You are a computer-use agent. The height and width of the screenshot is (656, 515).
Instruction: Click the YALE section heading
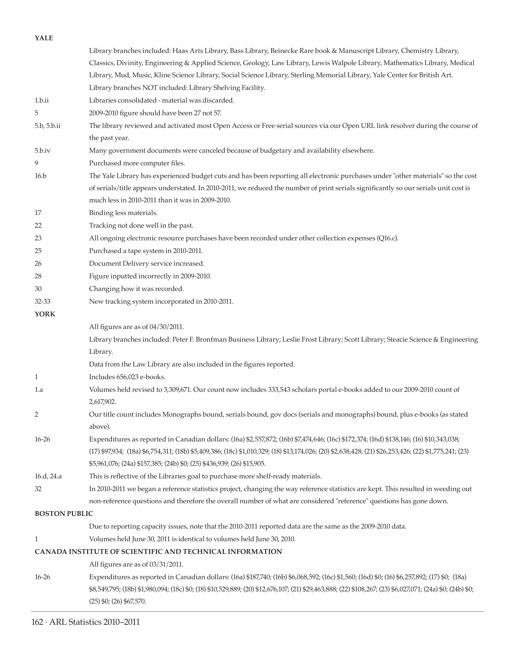pyautogui.click(x=44, y=38)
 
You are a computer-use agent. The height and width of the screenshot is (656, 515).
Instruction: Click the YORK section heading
pyautogui.click(x=45, y=314)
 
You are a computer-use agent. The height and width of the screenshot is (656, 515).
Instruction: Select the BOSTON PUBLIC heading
pyautogui.click(x=64, y=514)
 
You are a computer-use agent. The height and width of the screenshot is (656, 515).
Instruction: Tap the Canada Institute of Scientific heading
pyautogui.click(x=158, y=552)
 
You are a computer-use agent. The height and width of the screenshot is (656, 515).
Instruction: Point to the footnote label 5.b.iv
pyautogui.click(x=43, y=150)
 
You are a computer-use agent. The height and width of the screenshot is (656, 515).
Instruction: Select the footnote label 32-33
pyautogui.click(x=43, y=302)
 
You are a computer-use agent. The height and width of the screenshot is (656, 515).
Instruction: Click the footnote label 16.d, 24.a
pyautogui.click(x=48, y=476)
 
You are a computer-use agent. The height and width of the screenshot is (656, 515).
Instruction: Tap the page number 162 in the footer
pyautogui.click(x=37, y=622)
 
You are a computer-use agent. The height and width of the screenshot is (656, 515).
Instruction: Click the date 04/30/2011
pyautogui.click(x=166, y=327)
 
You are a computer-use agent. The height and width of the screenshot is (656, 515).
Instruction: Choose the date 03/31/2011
pyautogui.click(x=166, y=564)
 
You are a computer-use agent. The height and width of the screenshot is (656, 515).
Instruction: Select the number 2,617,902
pyautogui.click(x=103, y=402)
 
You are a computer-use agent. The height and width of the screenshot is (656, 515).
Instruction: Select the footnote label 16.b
pyautogui.click(x=40, y=176)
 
